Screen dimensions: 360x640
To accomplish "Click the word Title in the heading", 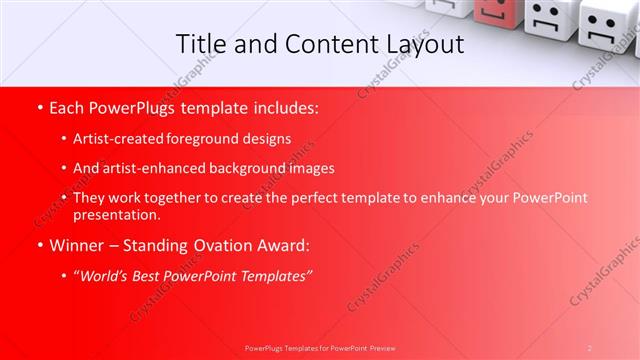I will coord(200,44).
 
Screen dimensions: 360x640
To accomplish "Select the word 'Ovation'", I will coord(219,245).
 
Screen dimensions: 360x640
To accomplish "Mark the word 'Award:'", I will coord(282,245).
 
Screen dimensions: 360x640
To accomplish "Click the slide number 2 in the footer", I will coord(590,347).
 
